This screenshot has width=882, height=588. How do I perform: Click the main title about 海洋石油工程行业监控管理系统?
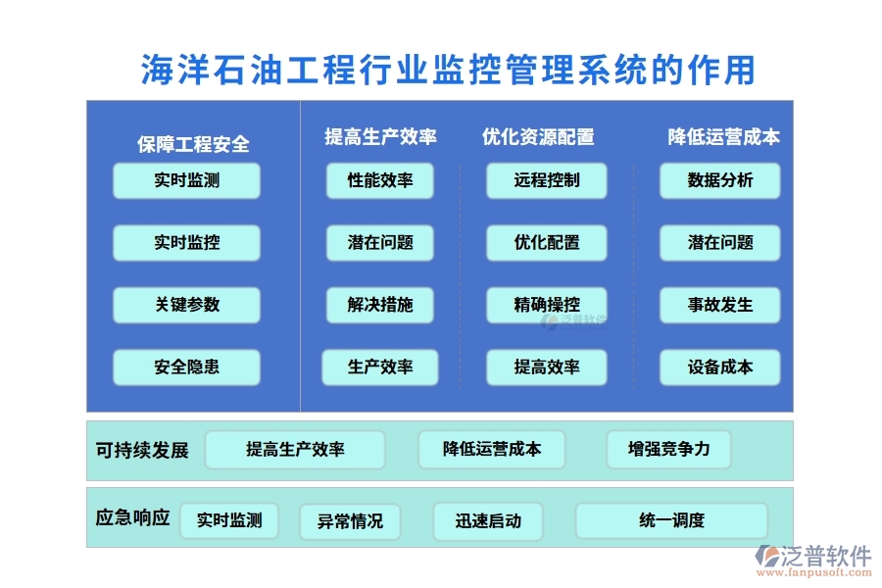[448, 70]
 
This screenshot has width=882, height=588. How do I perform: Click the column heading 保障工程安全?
[193, 145]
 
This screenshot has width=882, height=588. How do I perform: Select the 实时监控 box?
[186, 243]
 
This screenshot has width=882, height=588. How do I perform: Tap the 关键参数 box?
[186, 305]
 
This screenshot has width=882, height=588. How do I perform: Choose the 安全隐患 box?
[186, 367]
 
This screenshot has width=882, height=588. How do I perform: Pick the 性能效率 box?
[380, 180]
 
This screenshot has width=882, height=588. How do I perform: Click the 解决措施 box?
[380, 305]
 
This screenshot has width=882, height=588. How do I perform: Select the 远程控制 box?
[547, 180]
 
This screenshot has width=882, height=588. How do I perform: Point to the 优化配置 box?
[547, 243]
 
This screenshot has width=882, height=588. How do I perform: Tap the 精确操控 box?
[547, 305]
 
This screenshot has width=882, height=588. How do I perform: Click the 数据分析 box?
[720, 180]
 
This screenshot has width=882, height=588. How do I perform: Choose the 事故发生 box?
[720, 305]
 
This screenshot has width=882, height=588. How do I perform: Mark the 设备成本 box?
[720, 367]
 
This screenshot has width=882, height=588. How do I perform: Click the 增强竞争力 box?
[669, 449]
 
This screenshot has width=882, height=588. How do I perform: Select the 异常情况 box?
[350, 521]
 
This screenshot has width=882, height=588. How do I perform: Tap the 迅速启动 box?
[488, 520]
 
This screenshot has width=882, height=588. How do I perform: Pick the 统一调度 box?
[671, 520]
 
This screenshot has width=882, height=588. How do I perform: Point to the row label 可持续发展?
[142, 451]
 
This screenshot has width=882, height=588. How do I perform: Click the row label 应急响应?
[133, 516]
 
